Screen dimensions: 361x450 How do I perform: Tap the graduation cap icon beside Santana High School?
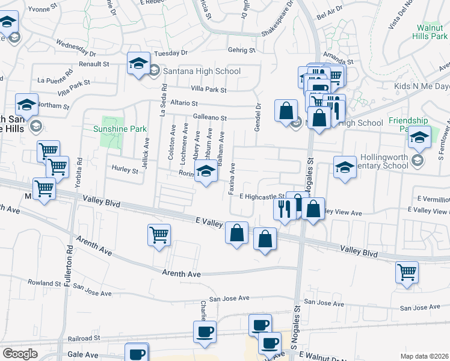(138, 63)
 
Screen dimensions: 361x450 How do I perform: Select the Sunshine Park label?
(120, 129)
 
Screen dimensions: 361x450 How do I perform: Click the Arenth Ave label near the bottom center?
(181, 274)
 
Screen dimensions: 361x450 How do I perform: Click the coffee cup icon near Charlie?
(204, 332)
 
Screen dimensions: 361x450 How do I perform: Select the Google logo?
(20, 354)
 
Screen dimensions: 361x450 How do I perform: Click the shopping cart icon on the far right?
(407, 272)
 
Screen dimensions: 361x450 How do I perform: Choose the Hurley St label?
(125, 170)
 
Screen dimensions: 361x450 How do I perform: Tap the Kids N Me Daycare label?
(422, 87)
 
